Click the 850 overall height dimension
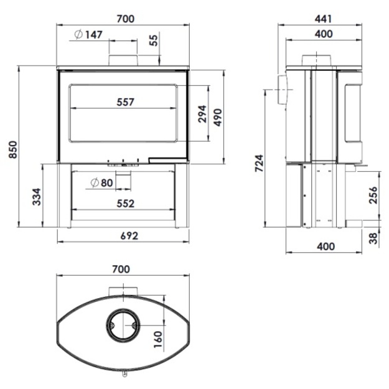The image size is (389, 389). tap(13, 149)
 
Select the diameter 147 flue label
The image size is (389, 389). tap(88, 34)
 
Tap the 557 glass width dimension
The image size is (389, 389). tap(125, 102)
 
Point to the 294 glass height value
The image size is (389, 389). tap(202, 114)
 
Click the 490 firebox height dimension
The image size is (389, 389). tap(218, 118)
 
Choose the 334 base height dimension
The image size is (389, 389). tap(37, 197)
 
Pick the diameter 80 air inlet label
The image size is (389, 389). tap(101, 183)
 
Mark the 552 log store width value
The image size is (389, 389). tap(125, 204)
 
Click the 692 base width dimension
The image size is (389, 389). tap(129, 236)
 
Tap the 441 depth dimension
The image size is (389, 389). tap(323, 19)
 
